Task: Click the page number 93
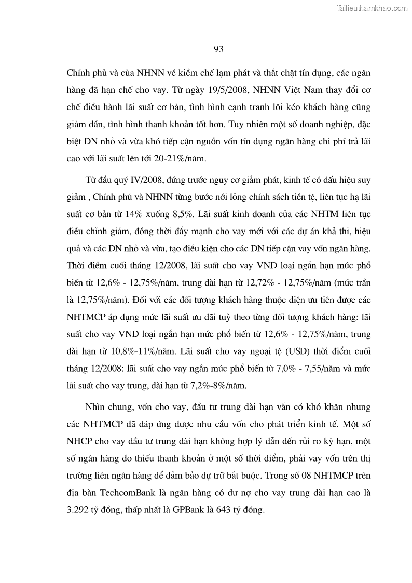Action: click(218, 49)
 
